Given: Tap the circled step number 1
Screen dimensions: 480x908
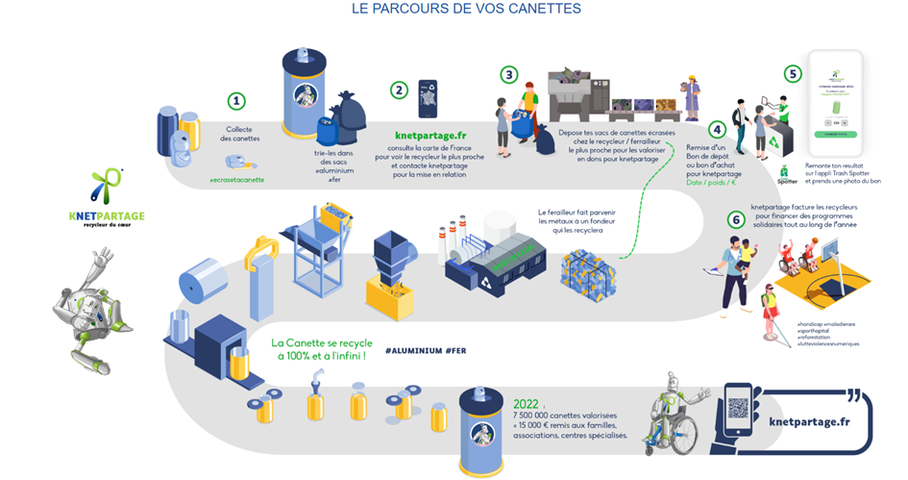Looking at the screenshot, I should point(236,101).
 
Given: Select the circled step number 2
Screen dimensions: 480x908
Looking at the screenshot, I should point(399,89).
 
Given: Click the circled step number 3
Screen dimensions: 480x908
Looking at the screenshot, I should point(509,74).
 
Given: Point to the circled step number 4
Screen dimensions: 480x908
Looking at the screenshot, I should point(716,129).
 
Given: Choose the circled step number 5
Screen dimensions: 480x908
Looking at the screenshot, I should point(792,73).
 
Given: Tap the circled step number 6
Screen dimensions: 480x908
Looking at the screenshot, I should point(736,219).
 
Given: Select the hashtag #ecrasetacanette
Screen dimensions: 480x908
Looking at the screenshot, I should point(235,180).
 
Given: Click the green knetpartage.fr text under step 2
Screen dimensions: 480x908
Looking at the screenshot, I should point(430,136).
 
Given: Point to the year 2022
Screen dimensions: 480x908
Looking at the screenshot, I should point(527,404).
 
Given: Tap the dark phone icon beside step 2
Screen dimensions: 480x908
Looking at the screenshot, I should point(428,99).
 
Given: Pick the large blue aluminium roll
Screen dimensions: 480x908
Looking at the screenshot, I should point(203,279).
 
